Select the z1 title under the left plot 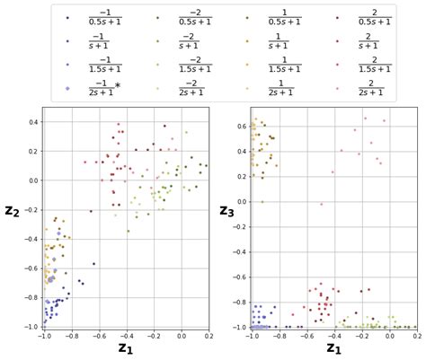click(126, 348)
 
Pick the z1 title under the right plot click(333, 348)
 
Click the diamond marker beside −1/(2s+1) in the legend click(68, 87)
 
